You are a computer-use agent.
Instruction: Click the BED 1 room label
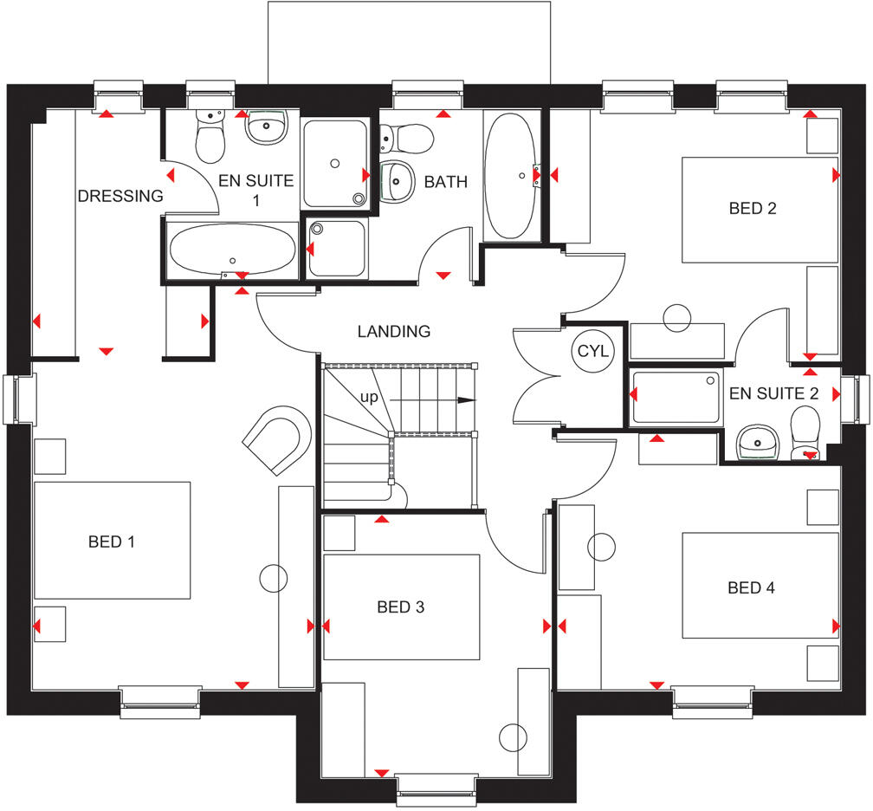pos(112,542)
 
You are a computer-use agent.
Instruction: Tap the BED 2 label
pos(752,208)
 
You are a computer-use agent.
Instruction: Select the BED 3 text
pos(400,607)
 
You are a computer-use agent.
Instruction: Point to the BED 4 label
pos(751,587)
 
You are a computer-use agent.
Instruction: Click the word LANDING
pos(393,331)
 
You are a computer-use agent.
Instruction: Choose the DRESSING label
pos(120,196)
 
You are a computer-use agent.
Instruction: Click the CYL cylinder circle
pos(593,351)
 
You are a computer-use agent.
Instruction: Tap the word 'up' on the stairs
pos(369,397)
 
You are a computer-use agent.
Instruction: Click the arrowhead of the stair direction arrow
pos(467,400)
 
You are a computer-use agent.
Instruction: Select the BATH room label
pos(445,182)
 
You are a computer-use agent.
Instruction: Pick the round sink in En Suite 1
pos(267,127)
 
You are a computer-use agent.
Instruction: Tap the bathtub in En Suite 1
pos(233,250)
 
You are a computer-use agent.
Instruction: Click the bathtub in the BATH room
pos(511,176)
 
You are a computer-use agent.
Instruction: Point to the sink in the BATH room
pos(397,180)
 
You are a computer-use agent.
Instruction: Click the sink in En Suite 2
pos(757,443)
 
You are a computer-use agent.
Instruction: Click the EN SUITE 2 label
pos(774,393)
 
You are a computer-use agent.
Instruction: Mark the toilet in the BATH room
pos(407,138)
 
